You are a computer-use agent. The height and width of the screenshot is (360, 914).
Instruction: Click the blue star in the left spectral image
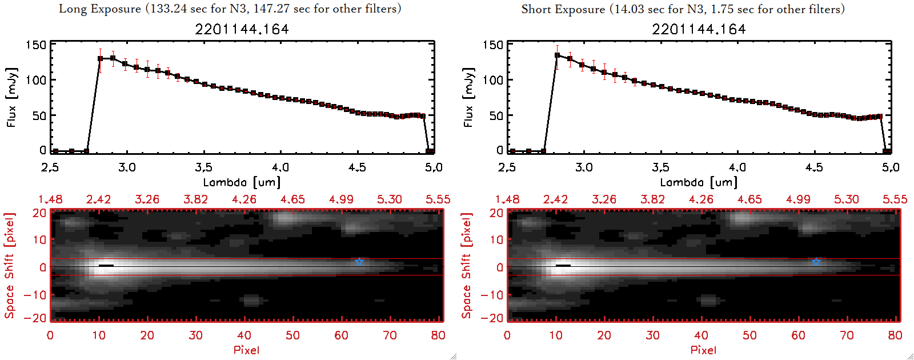(359, 262)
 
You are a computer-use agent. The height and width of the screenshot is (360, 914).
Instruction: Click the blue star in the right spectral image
(816, 262)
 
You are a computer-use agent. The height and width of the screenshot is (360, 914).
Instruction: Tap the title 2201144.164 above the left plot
(242, 29)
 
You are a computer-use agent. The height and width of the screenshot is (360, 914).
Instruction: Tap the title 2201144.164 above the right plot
(699, 29)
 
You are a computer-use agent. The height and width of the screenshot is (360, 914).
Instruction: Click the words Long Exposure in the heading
(100, 9)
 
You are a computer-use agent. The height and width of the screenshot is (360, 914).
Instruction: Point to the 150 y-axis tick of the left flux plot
(35, 45)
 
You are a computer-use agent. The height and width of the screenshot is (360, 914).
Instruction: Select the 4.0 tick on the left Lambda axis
(280, 167)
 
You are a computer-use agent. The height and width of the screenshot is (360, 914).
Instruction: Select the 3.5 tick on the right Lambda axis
(660, 167)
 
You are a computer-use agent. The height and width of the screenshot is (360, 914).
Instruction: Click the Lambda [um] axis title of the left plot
(242, 182)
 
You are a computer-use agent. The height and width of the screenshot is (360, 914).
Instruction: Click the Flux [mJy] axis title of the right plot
(468, 97)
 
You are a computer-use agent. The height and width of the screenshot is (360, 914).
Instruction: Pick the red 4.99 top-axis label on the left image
(341, 199)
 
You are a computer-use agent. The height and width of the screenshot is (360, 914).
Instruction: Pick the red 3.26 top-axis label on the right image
(604, 199)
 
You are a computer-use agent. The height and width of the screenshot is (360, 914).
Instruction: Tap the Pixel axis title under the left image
(246, 350)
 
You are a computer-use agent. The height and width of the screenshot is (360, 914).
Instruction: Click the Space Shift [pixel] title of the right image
(467, 266)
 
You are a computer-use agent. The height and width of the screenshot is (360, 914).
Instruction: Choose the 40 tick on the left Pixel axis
(244, 335)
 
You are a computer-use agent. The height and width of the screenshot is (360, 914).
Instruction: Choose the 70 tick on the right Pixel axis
(847, 335)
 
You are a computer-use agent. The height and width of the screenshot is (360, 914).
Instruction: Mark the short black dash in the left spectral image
(106, 266)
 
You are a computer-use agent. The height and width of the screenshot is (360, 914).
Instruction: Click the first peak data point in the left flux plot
(101, 58)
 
